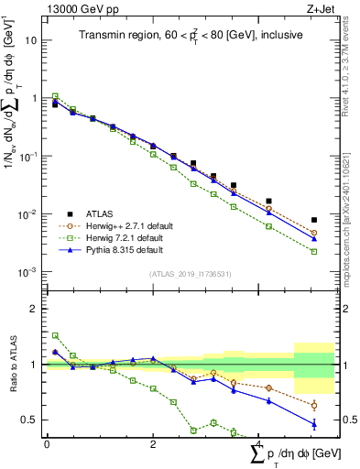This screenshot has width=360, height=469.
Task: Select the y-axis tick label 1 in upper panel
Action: tap(36, 98)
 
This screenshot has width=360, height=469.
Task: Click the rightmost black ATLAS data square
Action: tap(314, 220)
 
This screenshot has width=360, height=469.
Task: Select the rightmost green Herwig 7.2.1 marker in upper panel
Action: tap(314, 251)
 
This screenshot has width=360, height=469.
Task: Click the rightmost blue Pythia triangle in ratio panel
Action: tap(314, 423)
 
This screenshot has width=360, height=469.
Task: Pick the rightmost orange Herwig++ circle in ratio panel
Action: tap(314, 405)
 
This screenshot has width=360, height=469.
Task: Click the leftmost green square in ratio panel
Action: tap(56, 335)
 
